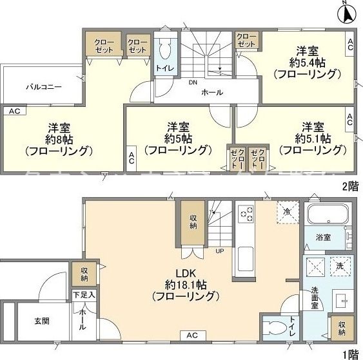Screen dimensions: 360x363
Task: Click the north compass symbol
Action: [346, 11]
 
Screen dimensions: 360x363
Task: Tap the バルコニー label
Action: [43, 86]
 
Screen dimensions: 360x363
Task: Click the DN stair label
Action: [192, 82]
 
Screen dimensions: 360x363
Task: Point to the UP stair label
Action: [219, 251]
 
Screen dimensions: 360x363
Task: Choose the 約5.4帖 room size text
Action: [306, 62]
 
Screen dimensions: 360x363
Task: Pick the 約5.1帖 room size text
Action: [313, 138]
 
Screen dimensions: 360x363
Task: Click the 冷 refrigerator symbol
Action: [286, 211]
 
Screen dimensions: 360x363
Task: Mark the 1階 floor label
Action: [349, 353]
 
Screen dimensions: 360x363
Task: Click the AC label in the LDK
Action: [192, 336]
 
